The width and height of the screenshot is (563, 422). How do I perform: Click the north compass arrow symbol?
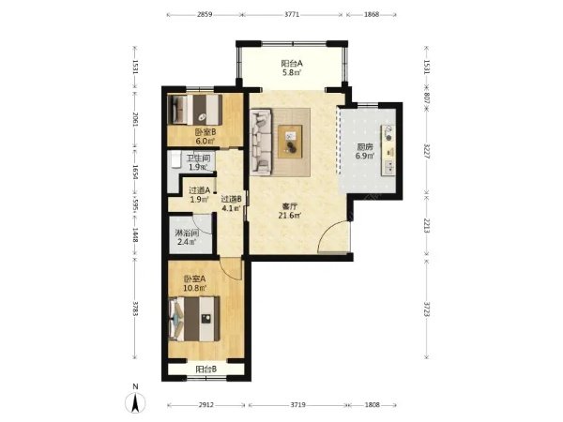[x=135, y=402]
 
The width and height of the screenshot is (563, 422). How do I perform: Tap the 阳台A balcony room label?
[x=292, y=64]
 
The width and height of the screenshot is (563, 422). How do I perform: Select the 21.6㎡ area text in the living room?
[x=289, y=216]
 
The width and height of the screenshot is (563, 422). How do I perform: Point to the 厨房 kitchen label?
[x=365, y=147]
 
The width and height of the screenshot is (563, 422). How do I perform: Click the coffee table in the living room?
[x=290, y=142]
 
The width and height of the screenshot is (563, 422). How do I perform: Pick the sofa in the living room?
[x=261, y=143]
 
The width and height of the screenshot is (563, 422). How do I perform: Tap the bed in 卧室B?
[x=195, y=109]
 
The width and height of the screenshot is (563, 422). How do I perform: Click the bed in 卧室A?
[x=194, y=319]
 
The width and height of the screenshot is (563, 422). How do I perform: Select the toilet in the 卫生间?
[x=176, y=159]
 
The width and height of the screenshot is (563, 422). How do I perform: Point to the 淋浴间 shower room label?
[x=187, y=233]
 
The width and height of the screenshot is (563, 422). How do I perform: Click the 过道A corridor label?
[x=199, y=190]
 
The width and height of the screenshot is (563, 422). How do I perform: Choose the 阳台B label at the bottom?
[x=206, y=369]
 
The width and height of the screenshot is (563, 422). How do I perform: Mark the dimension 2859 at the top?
[x=205, y=15]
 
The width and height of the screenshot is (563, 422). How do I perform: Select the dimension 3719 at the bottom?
[x=297, y=405]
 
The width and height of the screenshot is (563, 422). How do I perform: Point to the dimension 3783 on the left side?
[x=135, y=309]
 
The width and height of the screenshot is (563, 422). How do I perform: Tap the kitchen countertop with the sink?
[x=388, y=150]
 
